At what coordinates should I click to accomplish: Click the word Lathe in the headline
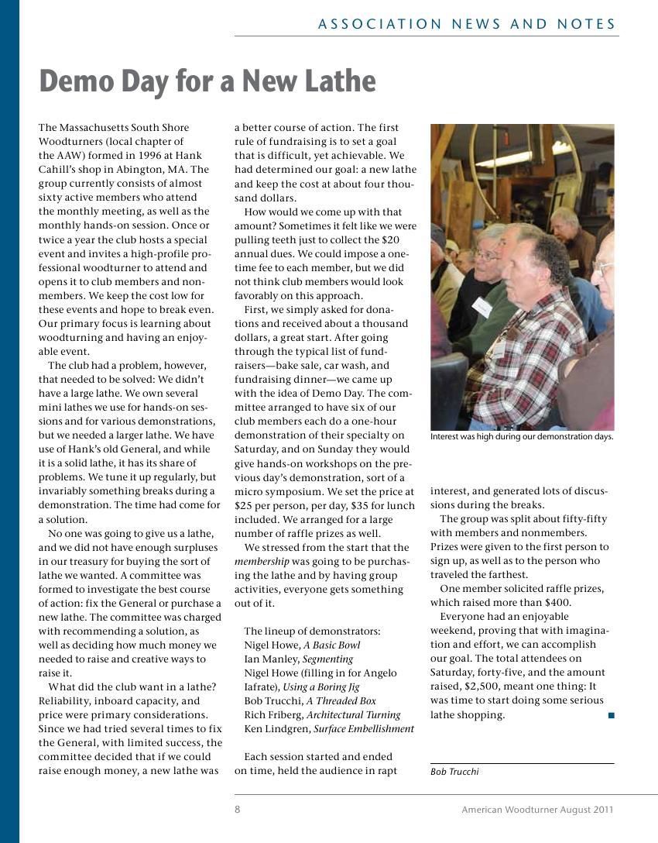pos(338,81)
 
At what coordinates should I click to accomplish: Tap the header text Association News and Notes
pos(467,24)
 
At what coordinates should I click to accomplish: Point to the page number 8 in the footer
pos(238,810)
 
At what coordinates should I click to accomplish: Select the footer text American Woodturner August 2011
pos(537,810)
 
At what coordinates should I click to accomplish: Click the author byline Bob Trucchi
pos(454,771)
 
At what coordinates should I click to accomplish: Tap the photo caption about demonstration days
pos(522,436)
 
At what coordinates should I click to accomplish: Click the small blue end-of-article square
pos(611,715)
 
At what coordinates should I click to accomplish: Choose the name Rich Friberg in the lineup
pos(272,715)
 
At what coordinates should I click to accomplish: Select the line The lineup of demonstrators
pos(312,631)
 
